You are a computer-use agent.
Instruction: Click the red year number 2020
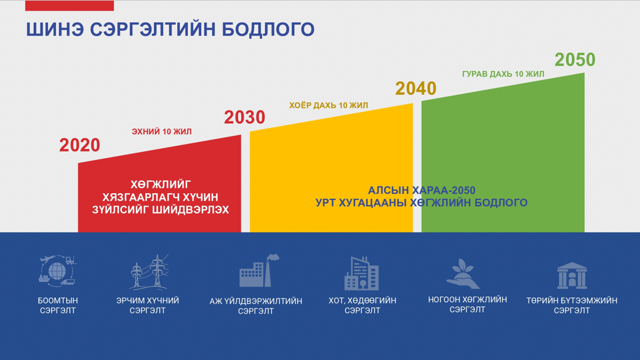click(79, 145)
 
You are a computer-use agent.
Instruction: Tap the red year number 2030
click(244, 118)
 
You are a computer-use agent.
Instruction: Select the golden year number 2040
click(416, 89)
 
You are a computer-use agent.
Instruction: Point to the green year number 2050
click(575, 60)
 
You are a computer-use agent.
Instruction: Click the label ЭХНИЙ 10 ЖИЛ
click(162, 132)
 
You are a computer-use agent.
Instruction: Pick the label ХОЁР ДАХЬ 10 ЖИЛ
click(329, 105)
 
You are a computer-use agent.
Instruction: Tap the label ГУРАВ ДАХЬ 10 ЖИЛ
click(503, 74)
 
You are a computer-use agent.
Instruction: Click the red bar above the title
click(70, 6)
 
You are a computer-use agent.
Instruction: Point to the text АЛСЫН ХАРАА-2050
click(422, 191)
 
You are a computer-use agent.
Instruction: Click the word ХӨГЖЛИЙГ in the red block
click(161, 185)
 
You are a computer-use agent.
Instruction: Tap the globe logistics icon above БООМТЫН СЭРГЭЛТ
click(58, 270)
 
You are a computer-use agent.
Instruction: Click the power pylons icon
click(148, 271)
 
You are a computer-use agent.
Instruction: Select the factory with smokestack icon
click(259, 271)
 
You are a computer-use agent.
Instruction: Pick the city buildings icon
click(362, 273)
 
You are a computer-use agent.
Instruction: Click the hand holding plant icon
click(463, 273)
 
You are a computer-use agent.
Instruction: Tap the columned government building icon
click(572, 276)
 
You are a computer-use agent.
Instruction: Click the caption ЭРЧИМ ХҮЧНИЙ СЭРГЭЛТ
click(148, 305)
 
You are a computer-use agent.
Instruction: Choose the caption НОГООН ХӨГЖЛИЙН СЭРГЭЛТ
click(467, 305)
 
